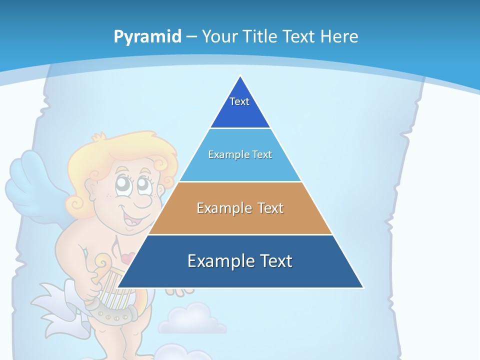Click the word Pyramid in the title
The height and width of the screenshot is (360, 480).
point(147,37)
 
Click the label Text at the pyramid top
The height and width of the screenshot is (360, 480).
point(239,101)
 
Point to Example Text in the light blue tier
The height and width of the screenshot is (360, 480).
point(240,154)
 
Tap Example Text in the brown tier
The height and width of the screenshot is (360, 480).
point(240,208)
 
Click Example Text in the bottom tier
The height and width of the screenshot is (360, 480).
point(240,261)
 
